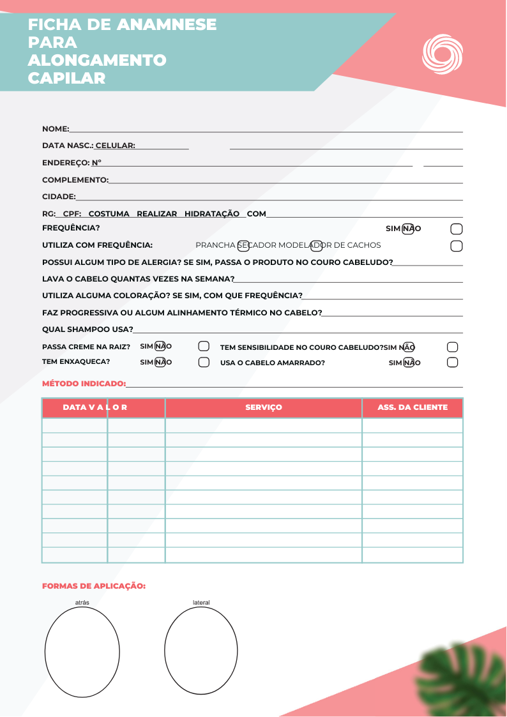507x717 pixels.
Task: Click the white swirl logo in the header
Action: [x=441, y=54]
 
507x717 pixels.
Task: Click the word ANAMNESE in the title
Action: [x=167, y=25]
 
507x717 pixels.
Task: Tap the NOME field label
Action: [x=55, y=129]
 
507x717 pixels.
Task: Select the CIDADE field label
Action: [x=59, y=197]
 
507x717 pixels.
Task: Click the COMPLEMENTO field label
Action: [x=75, y=180]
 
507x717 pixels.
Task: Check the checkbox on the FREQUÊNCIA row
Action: [x=457, y=229]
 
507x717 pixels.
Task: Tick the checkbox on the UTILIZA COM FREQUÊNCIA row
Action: [x=457, y=246]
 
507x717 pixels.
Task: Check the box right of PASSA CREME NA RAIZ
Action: [x=204, y=347]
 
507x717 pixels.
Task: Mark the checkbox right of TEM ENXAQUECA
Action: [x=204, y=362]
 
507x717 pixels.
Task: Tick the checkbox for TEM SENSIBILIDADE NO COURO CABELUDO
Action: [x=452, y=347]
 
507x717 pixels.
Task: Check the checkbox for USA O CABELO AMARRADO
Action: [x=452, y=363]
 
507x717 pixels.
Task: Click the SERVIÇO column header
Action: [x=264, y=407]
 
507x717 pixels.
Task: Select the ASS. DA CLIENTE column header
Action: [x=412, y=407]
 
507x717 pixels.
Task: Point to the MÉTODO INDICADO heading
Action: [x=84, y=384]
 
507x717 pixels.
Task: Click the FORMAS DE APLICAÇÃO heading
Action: [x=94, y=585]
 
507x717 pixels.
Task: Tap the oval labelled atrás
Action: [x=82, y=652]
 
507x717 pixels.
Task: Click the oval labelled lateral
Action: [x=201, y=650]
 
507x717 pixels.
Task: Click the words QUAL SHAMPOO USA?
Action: [x=87, y=329]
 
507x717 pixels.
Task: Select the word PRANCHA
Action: [x=215, y=245]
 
